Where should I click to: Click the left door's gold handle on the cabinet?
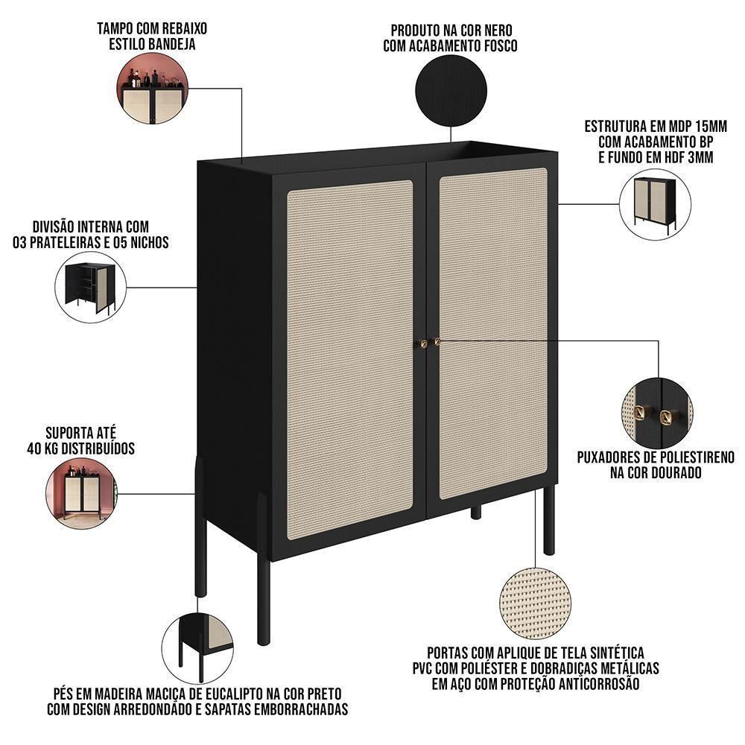tap(423, 343)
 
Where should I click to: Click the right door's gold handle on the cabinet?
tap(437, 342)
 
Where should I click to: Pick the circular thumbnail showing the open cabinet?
tap(91, 287)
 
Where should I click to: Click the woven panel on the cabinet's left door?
tap(350, 350)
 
